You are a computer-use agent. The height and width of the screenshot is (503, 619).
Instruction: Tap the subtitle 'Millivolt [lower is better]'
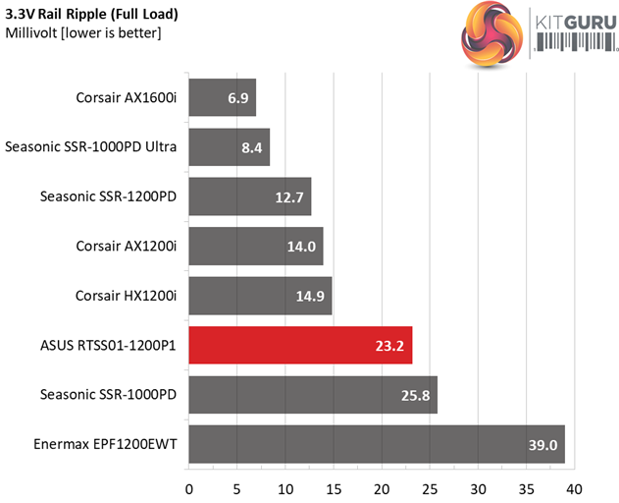tap(83, 34)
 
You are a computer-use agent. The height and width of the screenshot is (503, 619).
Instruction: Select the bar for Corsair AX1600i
tap(222, 98)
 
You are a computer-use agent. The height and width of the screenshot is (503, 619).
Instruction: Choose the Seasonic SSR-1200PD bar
tap(249, 196)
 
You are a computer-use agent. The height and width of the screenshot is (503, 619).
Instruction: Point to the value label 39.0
tap(543, 445)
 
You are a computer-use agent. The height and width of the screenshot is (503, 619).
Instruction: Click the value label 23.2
tap(391, 346)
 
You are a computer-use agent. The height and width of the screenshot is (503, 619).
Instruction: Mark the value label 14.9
tap(311, 296)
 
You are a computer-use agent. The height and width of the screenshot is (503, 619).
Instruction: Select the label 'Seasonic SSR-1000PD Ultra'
tap(90, 147)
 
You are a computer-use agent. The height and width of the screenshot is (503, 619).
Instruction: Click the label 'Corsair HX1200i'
tap(126, 296)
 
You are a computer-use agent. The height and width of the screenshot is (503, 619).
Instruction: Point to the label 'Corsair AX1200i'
tap(126, 246)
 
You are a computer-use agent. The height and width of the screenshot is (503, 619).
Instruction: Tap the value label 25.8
tap(416, 395)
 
